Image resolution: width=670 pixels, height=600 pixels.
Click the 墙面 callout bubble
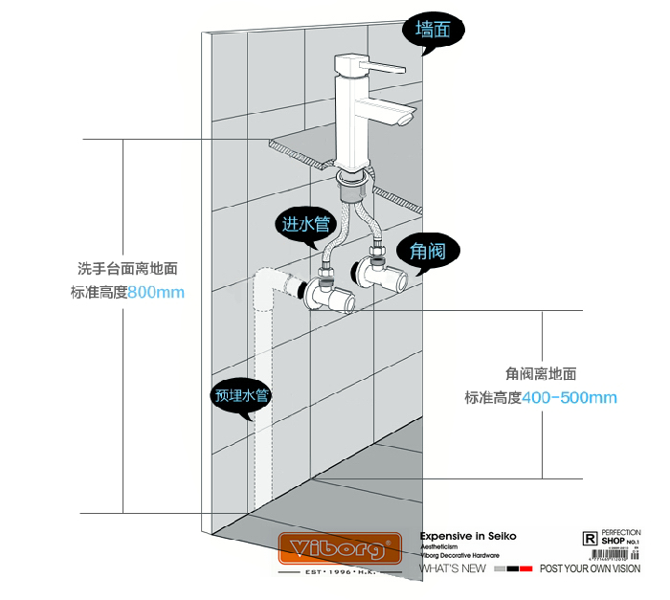(x=432, y=31)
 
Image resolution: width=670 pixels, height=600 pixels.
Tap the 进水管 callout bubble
(x=305, y=225)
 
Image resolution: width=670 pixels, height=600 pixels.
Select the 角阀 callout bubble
(x=427, y=252)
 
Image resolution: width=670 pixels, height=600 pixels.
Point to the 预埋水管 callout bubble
(x=240, y=394)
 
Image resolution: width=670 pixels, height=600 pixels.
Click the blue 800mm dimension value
(x=156, y=292)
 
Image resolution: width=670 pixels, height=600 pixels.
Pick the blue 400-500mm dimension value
(x=569, y=397)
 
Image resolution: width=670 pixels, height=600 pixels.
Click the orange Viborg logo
(x=339, y=550)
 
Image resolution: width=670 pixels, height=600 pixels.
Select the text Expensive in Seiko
(x=469, y=537)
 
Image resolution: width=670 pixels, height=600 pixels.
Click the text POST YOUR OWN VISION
(x=590, y=568)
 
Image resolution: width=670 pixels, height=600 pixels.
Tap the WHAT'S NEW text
(x=453, y=568)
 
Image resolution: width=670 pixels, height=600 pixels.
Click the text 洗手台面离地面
(x=127, y=270)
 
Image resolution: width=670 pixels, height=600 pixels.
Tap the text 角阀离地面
(x=541, y=374)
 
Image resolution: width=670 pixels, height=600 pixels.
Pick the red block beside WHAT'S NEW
(x=525, y=568)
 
